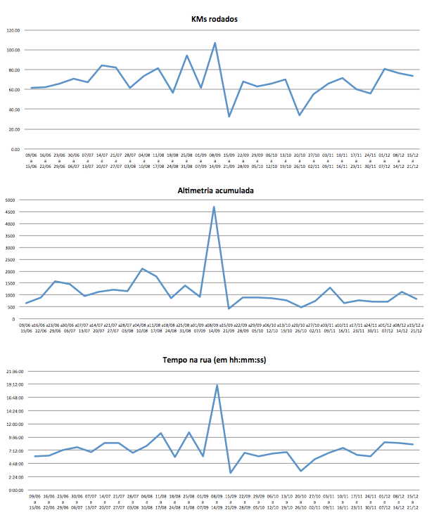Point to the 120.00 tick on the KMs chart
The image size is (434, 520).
pos(13,30)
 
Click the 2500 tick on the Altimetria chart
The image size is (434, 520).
pos(9,259)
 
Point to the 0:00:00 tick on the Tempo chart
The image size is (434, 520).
pos(15,490)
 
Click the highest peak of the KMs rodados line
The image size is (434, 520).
pos(215,43)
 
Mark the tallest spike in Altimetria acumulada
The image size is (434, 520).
pos(214,207)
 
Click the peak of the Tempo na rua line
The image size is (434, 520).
pos(217,384)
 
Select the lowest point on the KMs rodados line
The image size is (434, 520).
pos(229,117)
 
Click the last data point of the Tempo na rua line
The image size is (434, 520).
pos(413,444)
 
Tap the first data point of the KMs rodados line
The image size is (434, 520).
pos(31,88)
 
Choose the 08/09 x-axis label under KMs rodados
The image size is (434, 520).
pos(215,155)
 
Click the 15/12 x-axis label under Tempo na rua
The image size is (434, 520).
pos(413,497)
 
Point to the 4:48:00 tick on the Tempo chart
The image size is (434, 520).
pos(15,464)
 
